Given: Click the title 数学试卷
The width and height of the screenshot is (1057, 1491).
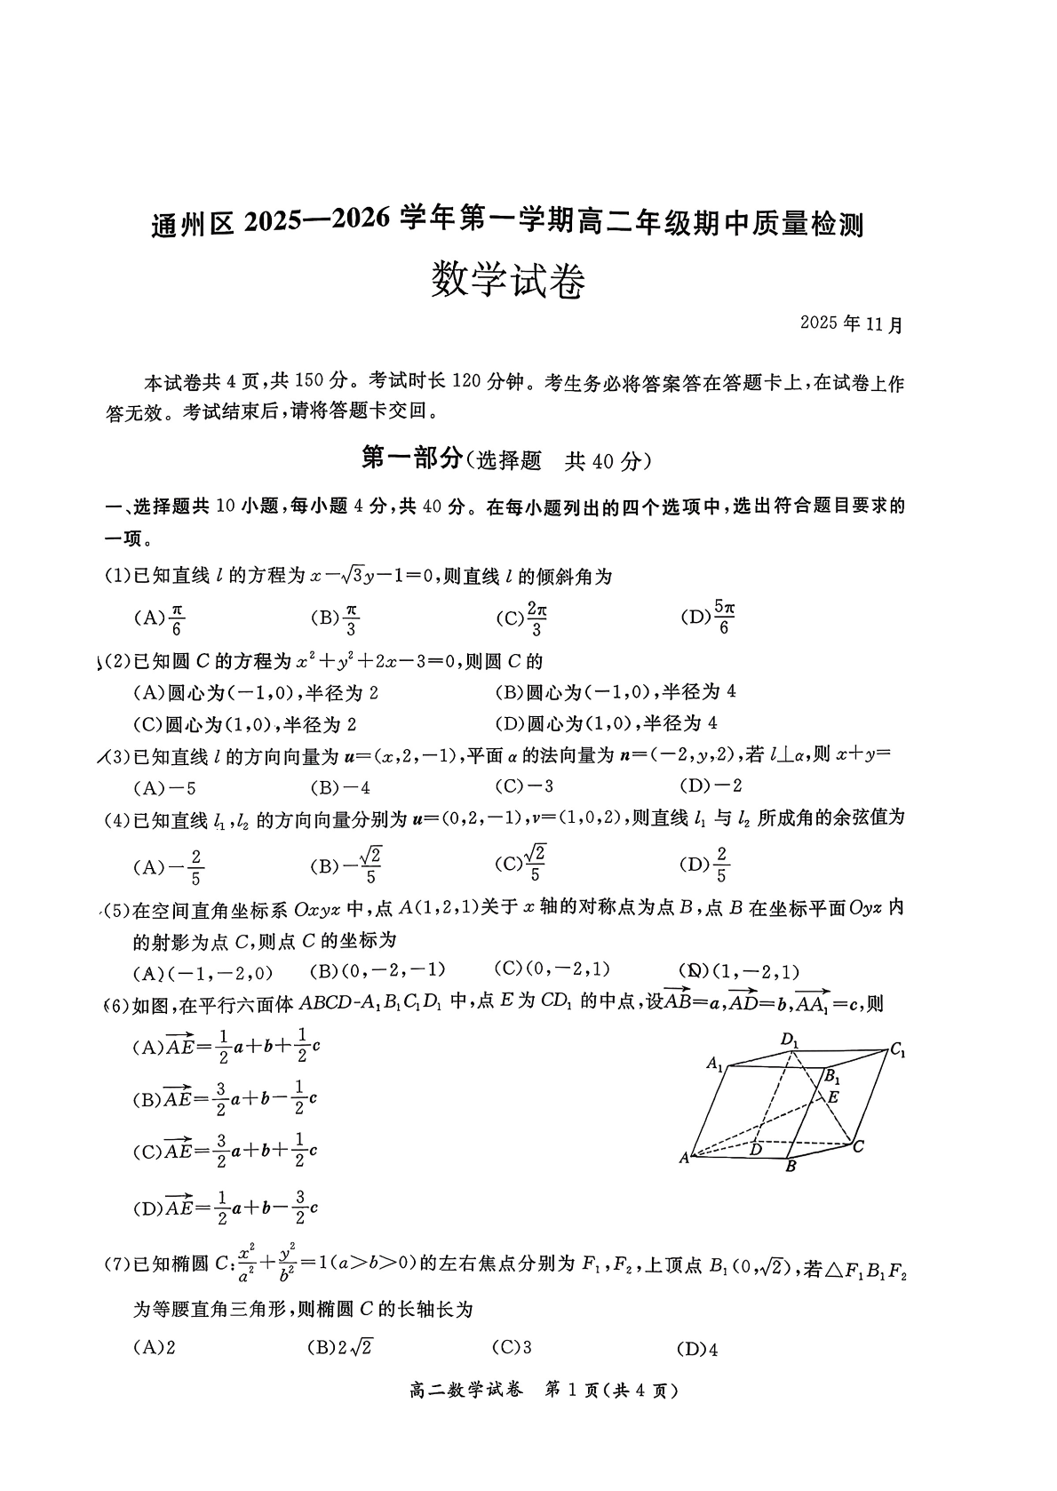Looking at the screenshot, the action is point(507,283).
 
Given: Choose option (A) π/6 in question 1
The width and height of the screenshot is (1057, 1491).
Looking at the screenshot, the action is point(159,618).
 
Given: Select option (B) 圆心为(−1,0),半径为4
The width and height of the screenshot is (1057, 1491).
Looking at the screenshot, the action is point(616,691).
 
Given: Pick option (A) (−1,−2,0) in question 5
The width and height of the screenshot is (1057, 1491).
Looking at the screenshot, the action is point(203,971).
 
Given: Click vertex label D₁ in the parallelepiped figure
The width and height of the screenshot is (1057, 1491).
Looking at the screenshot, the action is point(790,1039).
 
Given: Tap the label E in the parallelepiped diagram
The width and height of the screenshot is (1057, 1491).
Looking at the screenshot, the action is point(832,1096).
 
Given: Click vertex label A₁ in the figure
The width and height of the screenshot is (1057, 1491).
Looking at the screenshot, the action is point(715,1063).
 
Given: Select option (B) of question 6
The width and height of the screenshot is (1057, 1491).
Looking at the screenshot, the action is point(225,1099).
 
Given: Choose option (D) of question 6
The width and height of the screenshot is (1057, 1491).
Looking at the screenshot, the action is point(225,1208).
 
